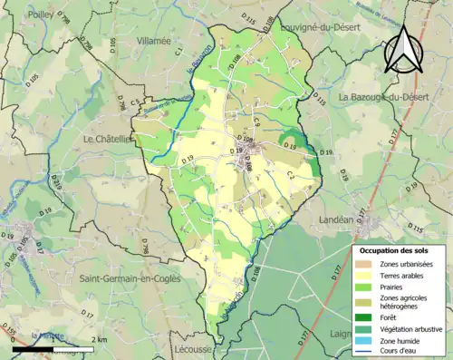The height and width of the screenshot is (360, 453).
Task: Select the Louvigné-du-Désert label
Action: pos(315,26)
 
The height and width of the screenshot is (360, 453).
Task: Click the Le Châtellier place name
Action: pos(108,139)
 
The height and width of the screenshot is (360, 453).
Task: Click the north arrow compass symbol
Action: pos(404,47)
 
